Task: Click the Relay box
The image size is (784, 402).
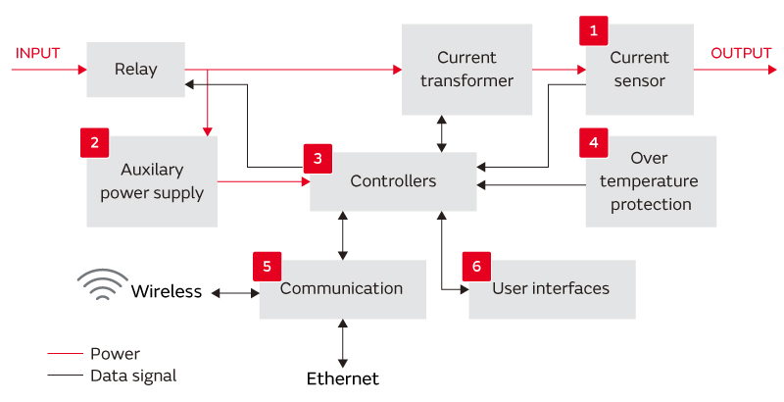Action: tap(135, 70)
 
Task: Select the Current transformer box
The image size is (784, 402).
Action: tap(466, 70)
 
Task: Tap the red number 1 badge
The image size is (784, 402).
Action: tap(593, 31)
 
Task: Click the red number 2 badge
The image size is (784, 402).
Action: tap(94, 143)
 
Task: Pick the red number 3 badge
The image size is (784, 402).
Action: tap(318, 158)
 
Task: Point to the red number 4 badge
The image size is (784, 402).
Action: tap(593, 143)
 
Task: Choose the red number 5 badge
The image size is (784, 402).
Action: tap(267, 266)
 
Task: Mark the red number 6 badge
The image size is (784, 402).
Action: tap(476, 266)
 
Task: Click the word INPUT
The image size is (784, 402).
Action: tap(37, 53)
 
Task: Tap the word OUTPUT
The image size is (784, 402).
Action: tap(741, 53)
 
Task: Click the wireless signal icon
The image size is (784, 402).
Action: tap(103, 285)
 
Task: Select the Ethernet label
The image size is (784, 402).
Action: tap(342, 378)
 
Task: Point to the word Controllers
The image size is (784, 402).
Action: tap(393, 181)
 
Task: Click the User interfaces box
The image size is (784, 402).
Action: tap(552, 289)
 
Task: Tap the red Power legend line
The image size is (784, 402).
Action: tap(65, 354)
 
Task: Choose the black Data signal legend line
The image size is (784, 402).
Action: tap(65, 376)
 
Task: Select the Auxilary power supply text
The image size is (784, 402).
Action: tap(152, 180)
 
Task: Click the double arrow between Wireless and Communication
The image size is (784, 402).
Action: tap(235, 292)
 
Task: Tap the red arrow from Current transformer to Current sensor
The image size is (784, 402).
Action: tap(559, 70)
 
